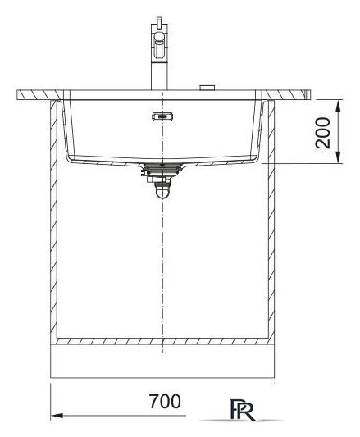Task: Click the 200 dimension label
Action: (x=322, y=133)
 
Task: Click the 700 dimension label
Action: (x=165, y=401)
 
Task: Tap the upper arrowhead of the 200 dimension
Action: (x=338, y=106)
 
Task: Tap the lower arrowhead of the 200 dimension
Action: (x=338, y=157)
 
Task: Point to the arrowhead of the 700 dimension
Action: (x=57, y=416)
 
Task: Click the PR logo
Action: (x=242, y=410)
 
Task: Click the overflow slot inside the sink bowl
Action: (x=162, y=116)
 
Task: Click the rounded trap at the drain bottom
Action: (x=162, y=193)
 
